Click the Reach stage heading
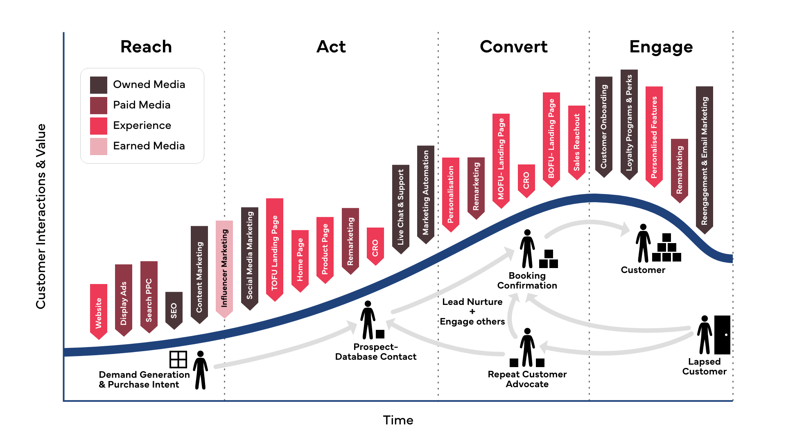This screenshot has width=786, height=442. click(x=146, y=47)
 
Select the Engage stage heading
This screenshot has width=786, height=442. click(x=661, y=47)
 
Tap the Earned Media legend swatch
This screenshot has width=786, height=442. click(x=99, y=146)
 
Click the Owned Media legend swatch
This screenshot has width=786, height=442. click(x=99, y=85)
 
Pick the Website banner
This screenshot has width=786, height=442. click(x=99, y=311)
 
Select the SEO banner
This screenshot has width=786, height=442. click(x=174, y=309)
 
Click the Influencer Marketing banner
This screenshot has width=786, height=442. click(x=224, y=268)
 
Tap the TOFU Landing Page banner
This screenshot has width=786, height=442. click(x=275, y=249)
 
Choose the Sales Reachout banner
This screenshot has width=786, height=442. click(x=577, y=142)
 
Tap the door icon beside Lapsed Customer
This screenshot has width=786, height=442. click(x=722, y=335)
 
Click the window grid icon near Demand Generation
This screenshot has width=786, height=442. click(x=178, y=359)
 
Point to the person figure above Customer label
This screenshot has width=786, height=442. click(x=643, y=243)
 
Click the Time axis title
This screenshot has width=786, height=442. click(x=398, y=420)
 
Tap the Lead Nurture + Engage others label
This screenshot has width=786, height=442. click(x=472, y=311)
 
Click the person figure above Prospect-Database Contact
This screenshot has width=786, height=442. click(x=368, y=320)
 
